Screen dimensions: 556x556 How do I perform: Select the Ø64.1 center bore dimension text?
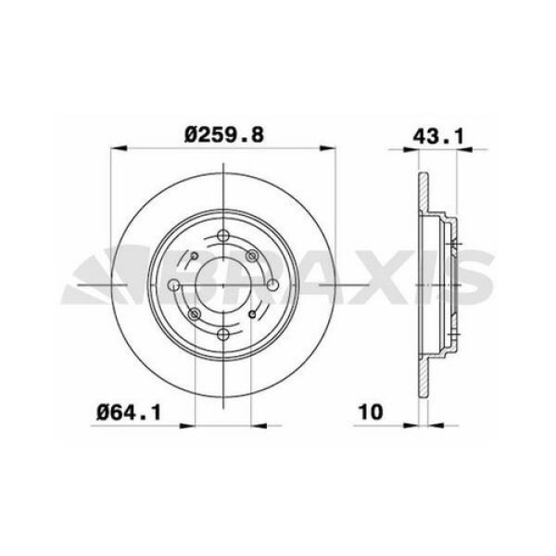128,410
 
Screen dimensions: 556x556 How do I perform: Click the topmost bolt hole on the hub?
223,235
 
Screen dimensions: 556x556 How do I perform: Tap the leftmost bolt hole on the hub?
194,316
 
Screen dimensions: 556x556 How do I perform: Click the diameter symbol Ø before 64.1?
105,410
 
